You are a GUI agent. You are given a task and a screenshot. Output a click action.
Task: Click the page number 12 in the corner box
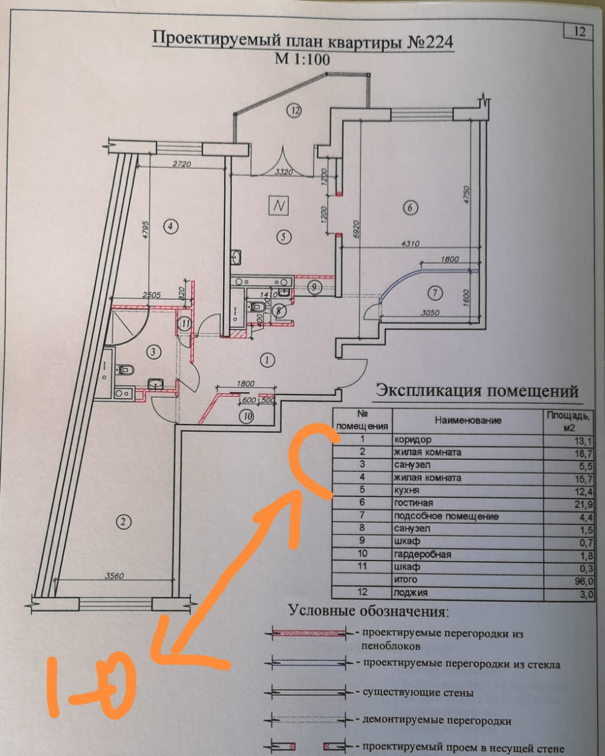579,31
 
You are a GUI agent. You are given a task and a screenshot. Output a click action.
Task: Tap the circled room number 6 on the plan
410,207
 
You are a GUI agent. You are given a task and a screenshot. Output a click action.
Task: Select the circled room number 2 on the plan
123,522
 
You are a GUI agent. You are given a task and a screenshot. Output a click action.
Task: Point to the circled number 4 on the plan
171,226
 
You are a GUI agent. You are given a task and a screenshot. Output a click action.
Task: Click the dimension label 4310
410,243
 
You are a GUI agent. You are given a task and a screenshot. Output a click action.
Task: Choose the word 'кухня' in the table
407,491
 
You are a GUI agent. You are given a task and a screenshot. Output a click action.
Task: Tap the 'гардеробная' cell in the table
422,555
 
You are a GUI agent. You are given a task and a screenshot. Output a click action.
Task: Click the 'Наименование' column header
467,420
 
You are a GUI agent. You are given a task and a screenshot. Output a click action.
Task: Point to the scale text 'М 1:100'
302,59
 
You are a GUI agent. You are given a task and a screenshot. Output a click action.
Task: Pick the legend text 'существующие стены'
418,692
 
